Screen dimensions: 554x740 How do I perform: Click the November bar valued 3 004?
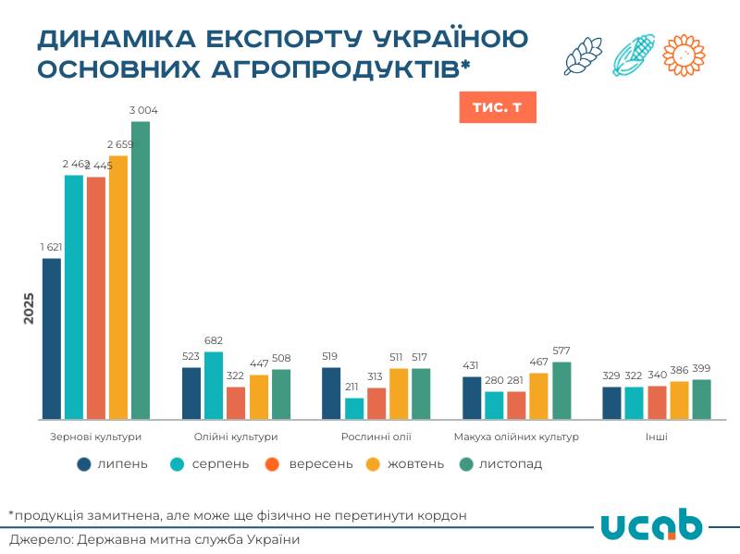pos(140,270)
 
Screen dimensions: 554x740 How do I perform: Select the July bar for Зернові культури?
pos(52,339)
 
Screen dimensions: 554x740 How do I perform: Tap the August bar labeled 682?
pos(214,385)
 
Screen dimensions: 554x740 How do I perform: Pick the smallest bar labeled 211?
pos(354,408)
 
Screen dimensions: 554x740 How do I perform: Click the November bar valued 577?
pos(561,390)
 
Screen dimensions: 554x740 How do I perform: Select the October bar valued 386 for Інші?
pos(679,400)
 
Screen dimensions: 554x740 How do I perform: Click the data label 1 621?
pos(52,247)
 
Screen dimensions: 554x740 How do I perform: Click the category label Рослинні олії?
pos(376,436)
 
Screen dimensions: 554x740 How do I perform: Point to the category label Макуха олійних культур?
pos(516,436)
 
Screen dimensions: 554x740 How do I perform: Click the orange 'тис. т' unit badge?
pos(497,107)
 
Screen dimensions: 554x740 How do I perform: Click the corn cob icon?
pos(634,55)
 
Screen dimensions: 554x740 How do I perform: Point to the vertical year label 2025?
pos(29,308)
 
